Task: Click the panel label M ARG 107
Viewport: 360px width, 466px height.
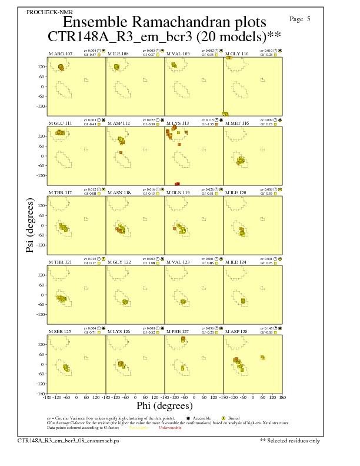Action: click(x=60, y=54)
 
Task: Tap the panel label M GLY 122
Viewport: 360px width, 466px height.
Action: click(x=119, y=262)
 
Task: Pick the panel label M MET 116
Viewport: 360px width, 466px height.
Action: click(x=237, y=123)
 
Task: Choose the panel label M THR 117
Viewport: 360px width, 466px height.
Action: click(x=60, y=192)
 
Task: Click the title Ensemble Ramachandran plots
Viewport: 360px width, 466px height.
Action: click(x=164, y=22)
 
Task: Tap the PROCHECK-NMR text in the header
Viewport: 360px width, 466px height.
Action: click(x=42, y=12)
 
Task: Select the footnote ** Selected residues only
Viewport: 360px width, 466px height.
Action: click(x=290, y=440)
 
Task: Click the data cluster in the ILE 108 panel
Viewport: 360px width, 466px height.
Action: click(x=116, y=67)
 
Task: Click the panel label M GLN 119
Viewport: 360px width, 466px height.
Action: click(x=178, y=192)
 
